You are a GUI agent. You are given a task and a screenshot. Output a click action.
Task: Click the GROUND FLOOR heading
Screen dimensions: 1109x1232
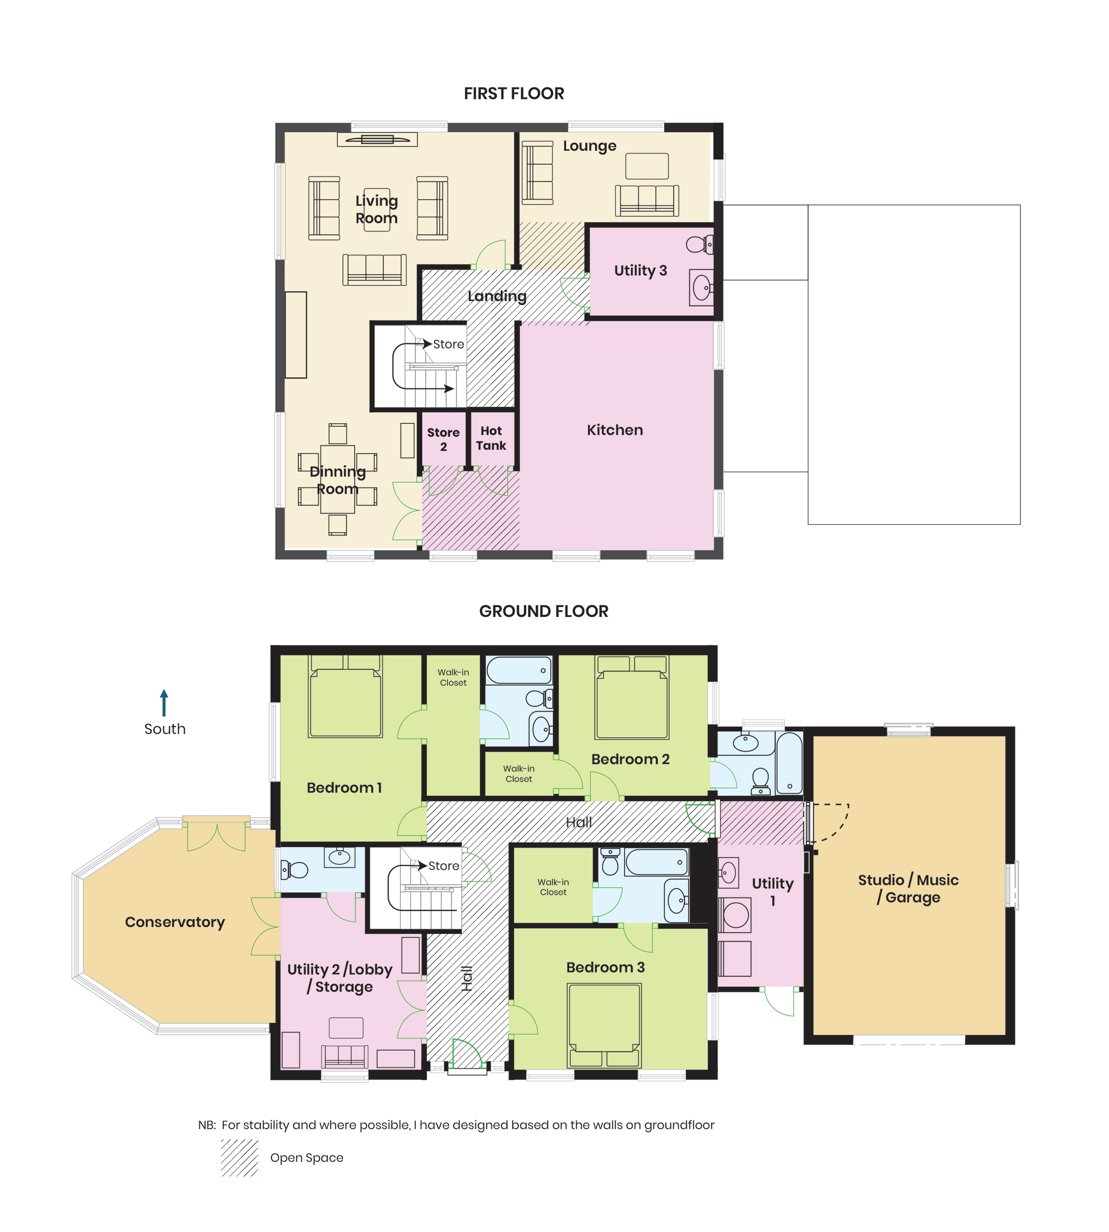544,611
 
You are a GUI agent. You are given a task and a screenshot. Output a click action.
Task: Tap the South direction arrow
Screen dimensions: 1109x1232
164,703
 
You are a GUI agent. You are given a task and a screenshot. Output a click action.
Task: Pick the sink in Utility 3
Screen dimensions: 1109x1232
701,287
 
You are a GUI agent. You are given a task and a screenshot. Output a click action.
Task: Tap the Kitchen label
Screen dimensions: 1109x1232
615,430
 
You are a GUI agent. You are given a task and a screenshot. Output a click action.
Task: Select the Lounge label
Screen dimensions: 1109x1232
589,146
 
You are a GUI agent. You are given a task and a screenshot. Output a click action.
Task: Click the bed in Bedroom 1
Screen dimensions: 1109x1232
345,697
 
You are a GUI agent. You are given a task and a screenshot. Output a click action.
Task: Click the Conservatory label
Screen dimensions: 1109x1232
175,922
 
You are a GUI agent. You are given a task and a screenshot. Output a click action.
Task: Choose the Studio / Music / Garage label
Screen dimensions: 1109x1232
908,888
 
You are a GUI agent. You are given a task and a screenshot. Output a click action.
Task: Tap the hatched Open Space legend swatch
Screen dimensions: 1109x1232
239,1158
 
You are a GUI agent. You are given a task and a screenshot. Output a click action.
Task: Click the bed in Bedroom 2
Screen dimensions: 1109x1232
632,698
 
